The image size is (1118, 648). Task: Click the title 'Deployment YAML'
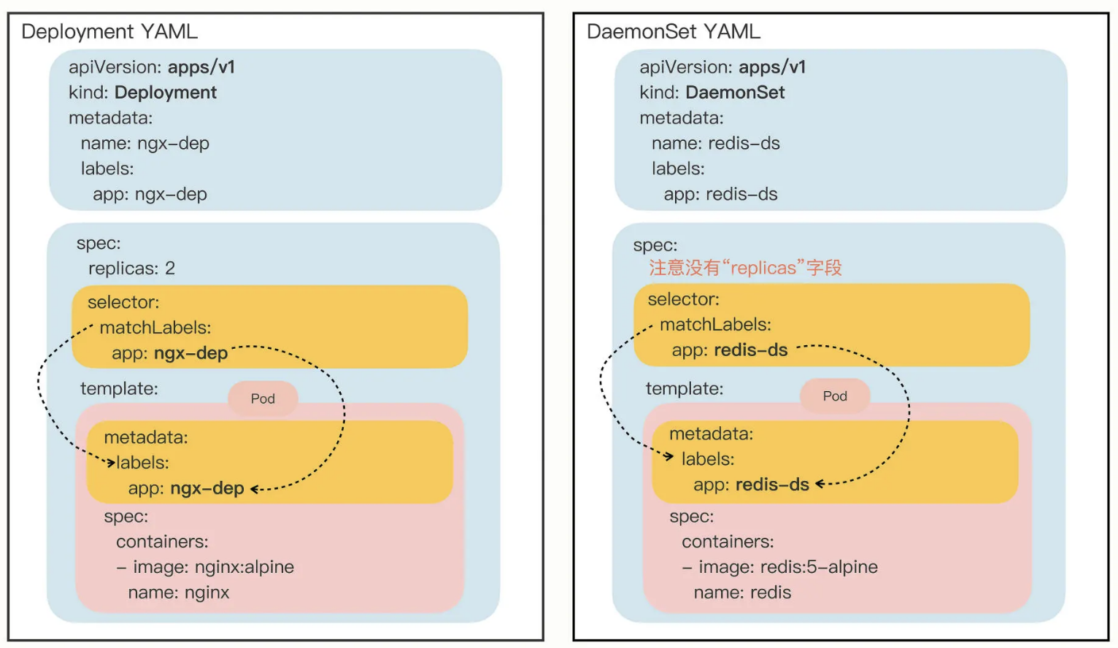click(109, 31)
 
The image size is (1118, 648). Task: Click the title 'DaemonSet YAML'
click(673, 31)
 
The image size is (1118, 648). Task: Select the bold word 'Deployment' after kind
click(166, 93)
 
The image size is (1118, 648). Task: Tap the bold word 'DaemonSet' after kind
click(735, 93)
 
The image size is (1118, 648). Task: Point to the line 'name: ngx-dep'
click(144, 143)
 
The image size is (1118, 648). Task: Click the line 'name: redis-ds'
click(715, 143)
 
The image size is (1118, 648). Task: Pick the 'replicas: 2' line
click(131, 269)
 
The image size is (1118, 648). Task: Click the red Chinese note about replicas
click(745, 268)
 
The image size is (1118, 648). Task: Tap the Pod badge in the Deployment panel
click(263, 398)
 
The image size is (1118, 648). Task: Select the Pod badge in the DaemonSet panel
click(835, 396)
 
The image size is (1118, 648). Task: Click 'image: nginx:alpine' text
click(213, 567)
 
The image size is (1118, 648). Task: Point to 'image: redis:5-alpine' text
click(787, 567)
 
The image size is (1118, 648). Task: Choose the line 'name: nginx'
click(178, 593)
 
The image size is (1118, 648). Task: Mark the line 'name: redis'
click(742, 593)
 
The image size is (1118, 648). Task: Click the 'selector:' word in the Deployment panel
click(123, 302)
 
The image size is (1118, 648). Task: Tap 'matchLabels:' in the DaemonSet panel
click(715, 325)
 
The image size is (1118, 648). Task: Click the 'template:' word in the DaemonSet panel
click(684, 388)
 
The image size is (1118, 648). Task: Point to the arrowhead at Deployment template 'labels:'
click(111, 462)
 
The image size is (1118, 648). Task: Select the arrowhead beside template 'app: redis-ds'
click(820, 484)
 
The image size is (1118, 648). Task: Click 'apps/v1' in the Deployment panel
click(201, 67)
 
